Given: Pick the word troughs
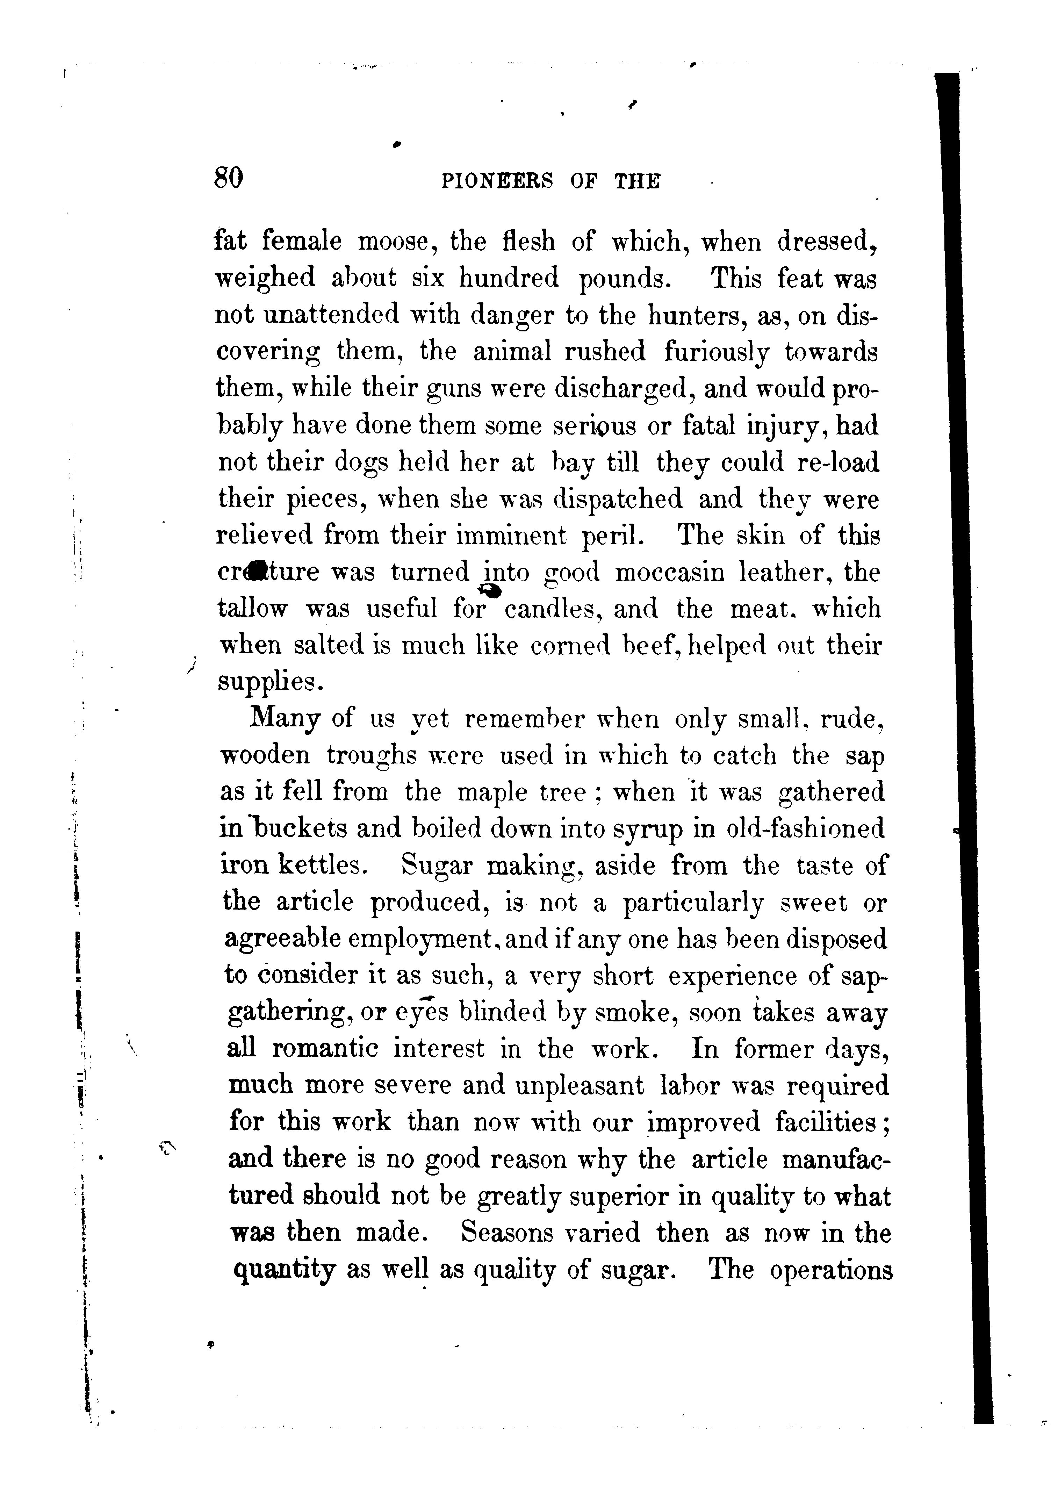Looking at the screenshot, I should coord(371,756).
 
